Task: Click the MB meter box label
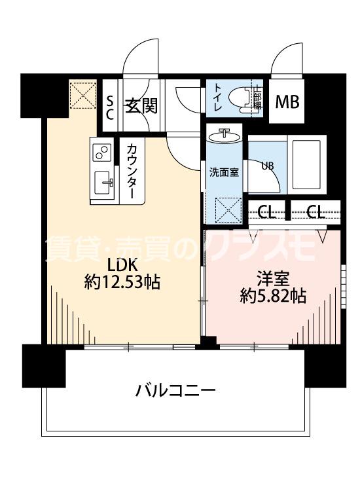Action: coord(287,103)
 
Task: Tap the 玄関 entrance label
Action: coord(139,104)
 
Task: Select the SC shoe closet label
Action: coord(111,105)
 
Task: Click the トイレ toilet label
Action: coord(217,98)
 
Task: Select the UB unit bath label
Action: coord(268,165)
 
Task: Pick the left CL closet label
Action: coord(266,212)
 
